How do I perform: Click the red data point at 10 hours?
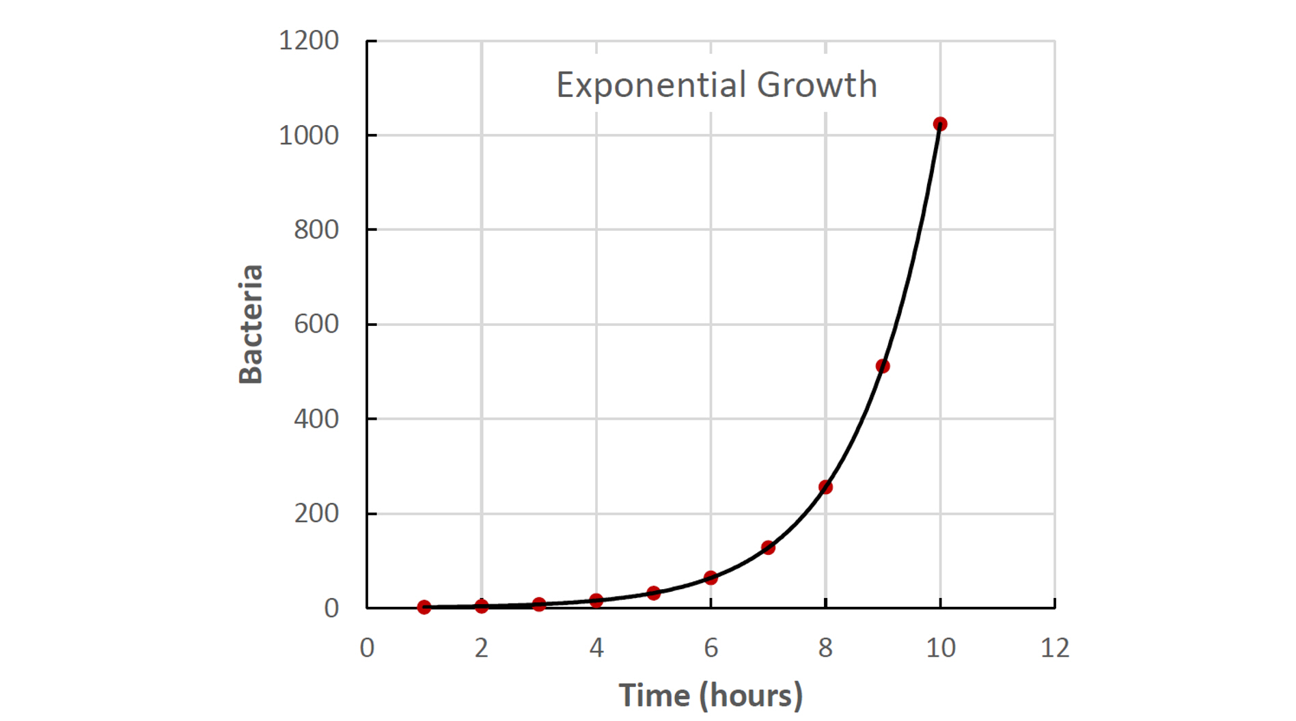coord(940,124)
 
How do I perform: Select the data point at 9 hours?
coord(883,366)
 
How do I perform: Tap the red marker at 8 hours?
coord(825,487)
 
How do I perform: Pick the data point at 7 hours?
coord(768,547)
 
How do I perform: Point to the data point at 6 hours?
coord(711,577)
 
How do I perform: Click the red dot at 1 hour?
coord(424,607)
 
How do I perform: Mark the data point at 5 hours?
coord(653,593)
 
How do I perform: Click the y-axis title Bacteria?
coord(251,324)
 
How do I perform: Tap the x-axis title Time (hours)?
coord(711,696)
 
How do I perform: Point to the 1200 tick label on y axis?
coord(309,40)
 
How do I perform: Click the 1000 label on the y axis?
coord(309,135)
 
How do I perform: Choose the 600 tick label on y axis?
coord(316,324)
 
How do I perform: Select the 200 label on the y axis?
coord(316,513)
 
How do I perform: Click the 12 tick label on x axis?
coord(1055,647)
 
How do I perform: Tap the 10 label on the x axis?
coord(941,647)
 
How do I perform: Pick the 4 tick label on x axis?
coord(596,647)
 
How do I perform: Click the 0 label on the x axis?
coord(367,647)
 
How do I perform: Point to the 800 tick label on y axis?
coord(316,230)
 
